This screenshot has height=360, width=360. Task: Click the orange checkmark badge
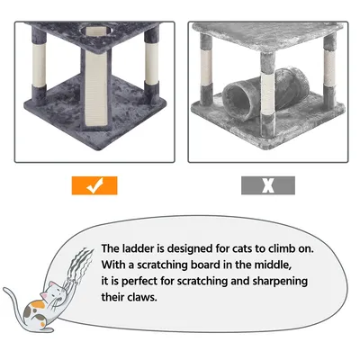pyautogui.click(x=94, y=185)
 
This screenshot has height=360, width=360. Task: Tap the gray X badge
pyautogui.click(x=268, y=185)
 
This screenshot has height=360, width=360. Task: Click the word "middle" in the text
pyautogui.click(x=272, y=265)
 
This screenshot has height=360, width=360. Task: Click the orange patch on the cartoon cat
pyautogui.click(x=39, y=304)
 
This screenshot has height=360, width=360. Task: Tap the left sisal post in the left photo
pyautogui.click(x=40, y=65)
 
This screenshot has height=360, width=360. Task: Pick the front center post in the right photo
pyautogui.click(x=267, y=92)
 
